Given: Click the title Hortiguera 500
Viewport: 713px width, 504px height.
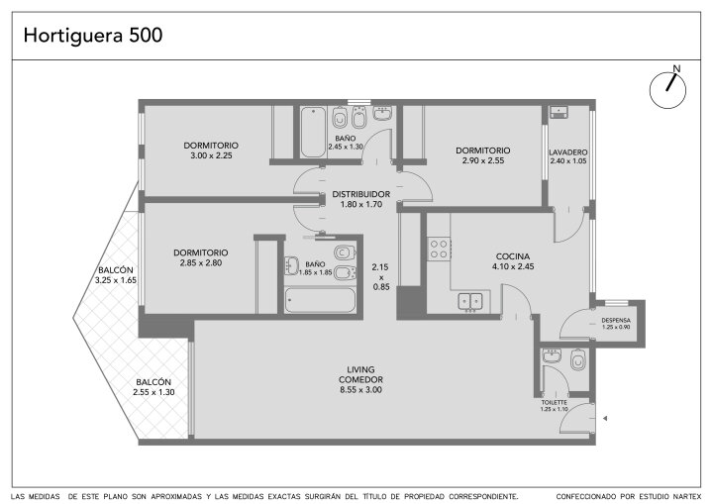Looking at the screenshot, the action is coord(93,36).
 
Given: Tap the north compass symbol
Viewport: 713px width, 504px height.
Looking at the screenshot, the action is coord(667,88).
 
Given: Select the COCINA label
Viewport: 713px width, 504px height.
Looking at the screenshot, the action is coord(513,256).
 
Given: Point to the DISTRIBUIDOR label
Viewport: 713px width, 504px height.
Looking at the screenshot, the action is coord(361,194).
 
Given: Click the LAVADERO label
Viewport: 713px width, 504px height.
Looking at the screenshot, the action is coord(568,152).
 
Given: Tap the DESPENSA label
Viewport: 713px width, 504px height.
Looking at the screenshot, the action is coord(616,320).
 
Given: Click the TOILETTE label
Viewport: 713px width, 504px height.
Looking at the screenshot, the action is coord(554,403).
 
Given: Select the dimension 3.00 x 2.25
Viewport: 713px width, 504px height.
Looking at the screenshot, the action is coord(211,155).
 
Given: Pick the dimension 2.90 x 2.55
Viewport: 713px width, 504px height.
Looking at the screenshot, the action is coord(483,160).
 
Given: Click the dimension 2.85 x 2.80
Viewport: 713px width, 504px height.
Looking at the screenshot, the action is coord(200,263).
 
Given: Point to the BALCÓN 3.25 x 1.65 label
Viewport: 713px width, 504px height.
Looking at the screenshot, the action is coord(116,275).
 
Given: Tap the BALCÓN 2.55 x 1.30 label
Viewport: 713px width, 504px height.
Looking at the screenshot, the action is coord(153,387).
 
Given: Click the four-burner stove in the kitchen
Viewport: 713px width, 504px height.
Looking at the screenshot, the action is coord(439,250).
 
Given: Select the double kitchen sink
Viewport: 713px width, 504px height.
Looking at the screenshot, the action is coord(470,301).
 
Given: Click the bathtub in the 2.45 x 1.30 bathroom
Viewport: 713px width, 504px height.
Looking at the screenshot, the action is coord(313,132).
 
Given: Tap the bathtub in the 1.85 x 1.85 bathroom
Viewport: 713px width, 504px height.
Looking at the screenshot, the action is coord(320,300).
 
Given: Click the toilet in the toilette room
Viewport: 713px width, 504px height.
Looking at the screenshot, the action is coord(577,359).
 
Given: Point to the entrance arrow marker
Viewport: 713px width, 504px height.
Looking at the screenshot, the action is coord(605,419).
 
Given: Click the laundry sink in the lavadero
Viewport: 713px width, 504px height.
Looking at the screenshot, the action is coord(559,112).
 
